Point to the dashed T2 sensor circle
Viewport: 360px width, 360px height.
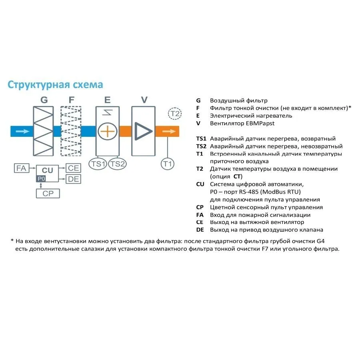[x=175, y=114]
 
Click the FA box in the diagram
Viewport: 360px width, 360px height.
[x=21, y=168]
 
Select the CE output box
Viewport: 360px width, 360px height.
[x=74, y=168]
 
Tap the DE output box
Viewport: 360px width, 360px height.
[x=74, y=179]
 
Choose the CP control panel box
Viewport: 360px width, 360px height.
[x=48, y=194]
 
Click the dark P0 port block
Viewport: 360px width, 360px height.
[x=41, y=179]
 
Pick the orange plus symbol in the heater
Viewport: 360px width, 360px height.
[x=107, y=131]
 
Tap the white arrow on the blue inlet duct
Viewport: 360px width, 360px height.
[x=24, y=131]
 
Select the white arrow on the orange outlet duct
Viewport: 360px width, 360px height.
[x=169, y=131]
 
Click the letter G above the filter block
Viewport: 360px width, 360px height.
[x=44, y=100]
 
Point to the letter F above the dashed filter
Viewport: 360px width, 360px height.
[x=72, y=100]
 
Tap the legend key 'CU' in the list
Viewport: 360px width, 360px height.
[x=200, y=184]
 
